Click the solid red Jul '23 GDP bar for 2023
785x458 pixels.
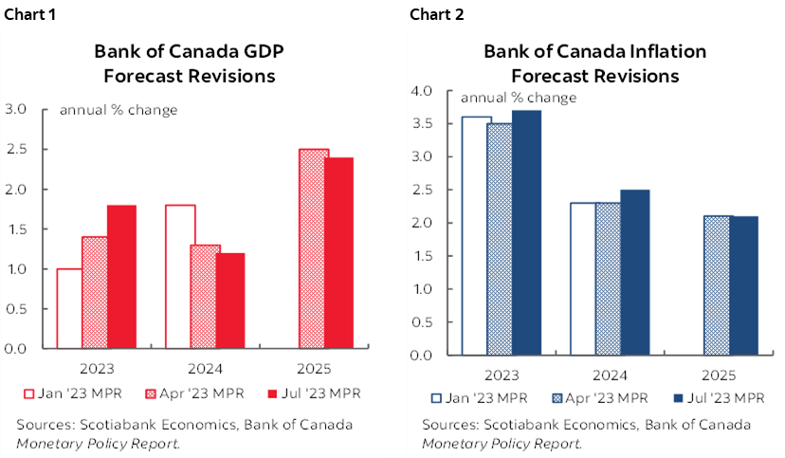tap(120, 277)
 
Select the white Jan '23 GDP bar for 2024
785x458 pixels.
tap(180, 277)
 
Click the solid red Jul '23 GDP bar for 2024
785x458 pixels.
tap(230, 301)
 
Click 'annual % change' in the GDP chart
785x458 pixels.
tap(119, 110)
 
